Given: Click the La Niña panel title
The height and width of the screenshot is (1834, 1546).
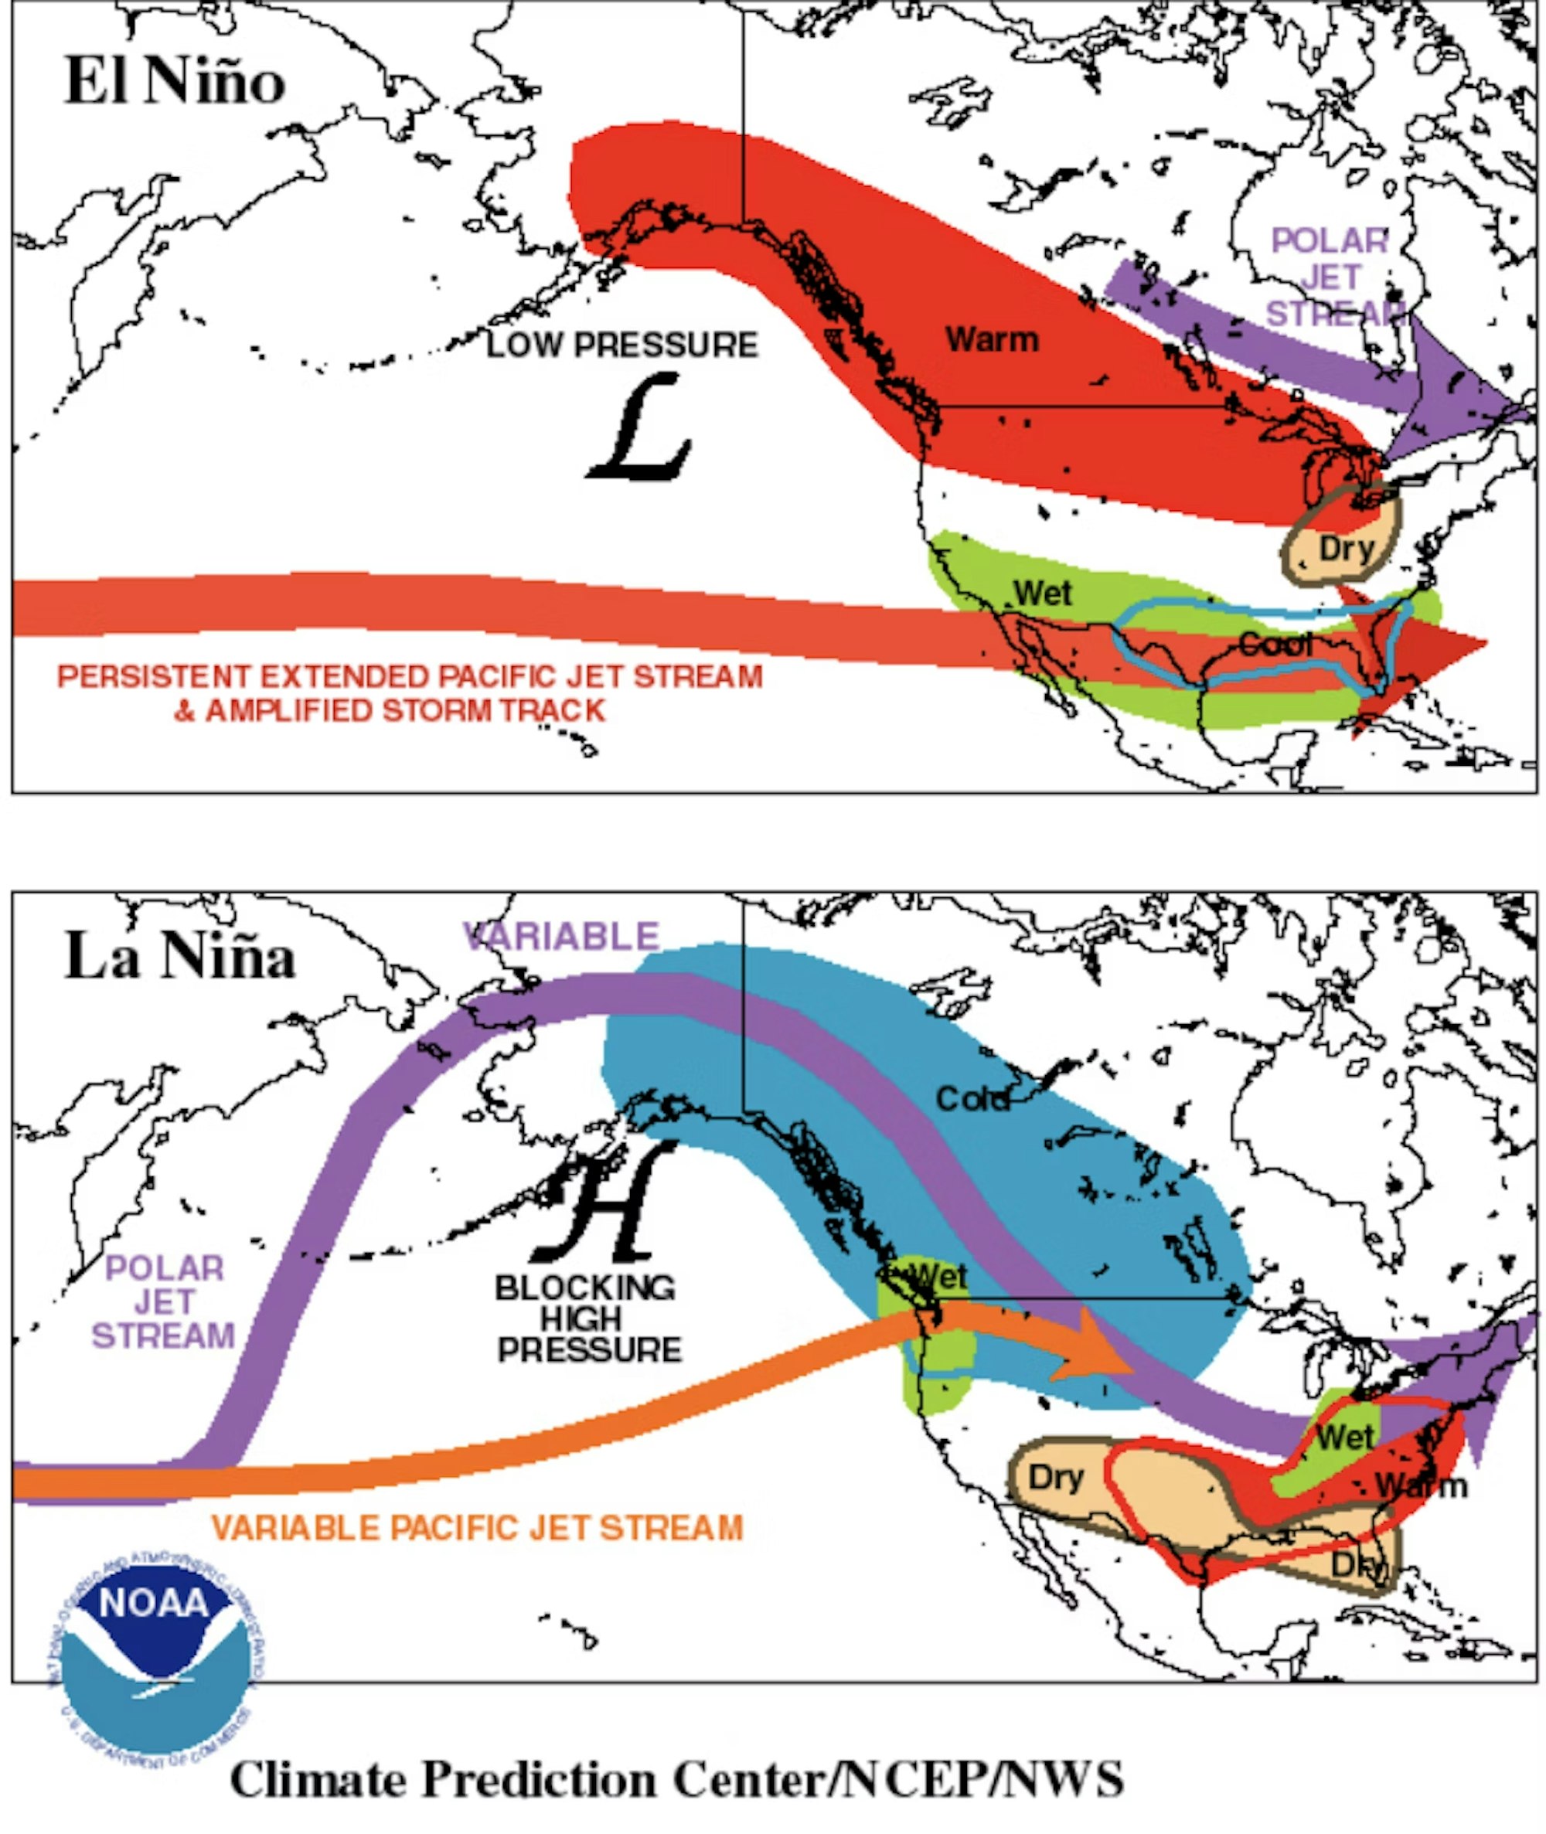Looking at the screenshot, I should point(179,957).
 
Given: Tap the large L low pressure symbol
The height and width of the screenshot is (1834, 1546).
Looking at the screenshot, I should point(638,427).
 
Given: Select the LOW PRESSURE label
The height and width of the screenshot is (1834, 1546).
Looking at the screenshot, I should point(622,345).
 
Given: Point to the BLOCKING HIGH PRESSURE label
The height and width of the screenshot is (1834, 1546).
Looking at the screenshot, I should point(587,1319).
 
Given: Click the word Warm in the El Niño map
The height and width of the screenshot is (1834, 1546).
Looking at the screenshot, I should point(992,340).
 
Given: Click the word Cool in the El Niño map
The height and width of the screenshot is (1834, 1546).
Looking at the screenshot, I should point(1275,646).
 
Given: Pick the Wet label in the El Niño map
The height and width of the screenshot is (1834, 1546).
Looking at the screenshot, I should point(1043,594).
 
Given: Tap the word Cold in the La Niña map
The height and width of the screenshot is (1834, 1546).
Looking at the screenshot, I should point(973,1099).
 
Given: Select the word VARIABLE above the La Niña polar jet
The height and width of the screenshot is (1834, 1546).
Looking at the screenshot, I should point(561,937).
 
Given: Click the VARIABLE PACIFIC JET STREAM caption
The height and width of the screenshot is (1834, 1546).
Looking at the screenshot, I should point(478,1528).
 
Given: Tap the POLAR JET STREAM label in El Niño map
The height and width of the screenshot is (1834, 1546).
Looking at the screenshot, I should point(1330,277).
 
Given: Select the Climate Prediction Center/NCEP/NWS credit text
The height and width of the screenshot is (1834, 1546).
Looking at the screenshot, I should point(676,1780).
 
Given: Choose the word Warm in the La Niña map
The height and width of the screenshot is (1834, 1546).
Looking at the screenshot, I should point(1420,1486).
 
